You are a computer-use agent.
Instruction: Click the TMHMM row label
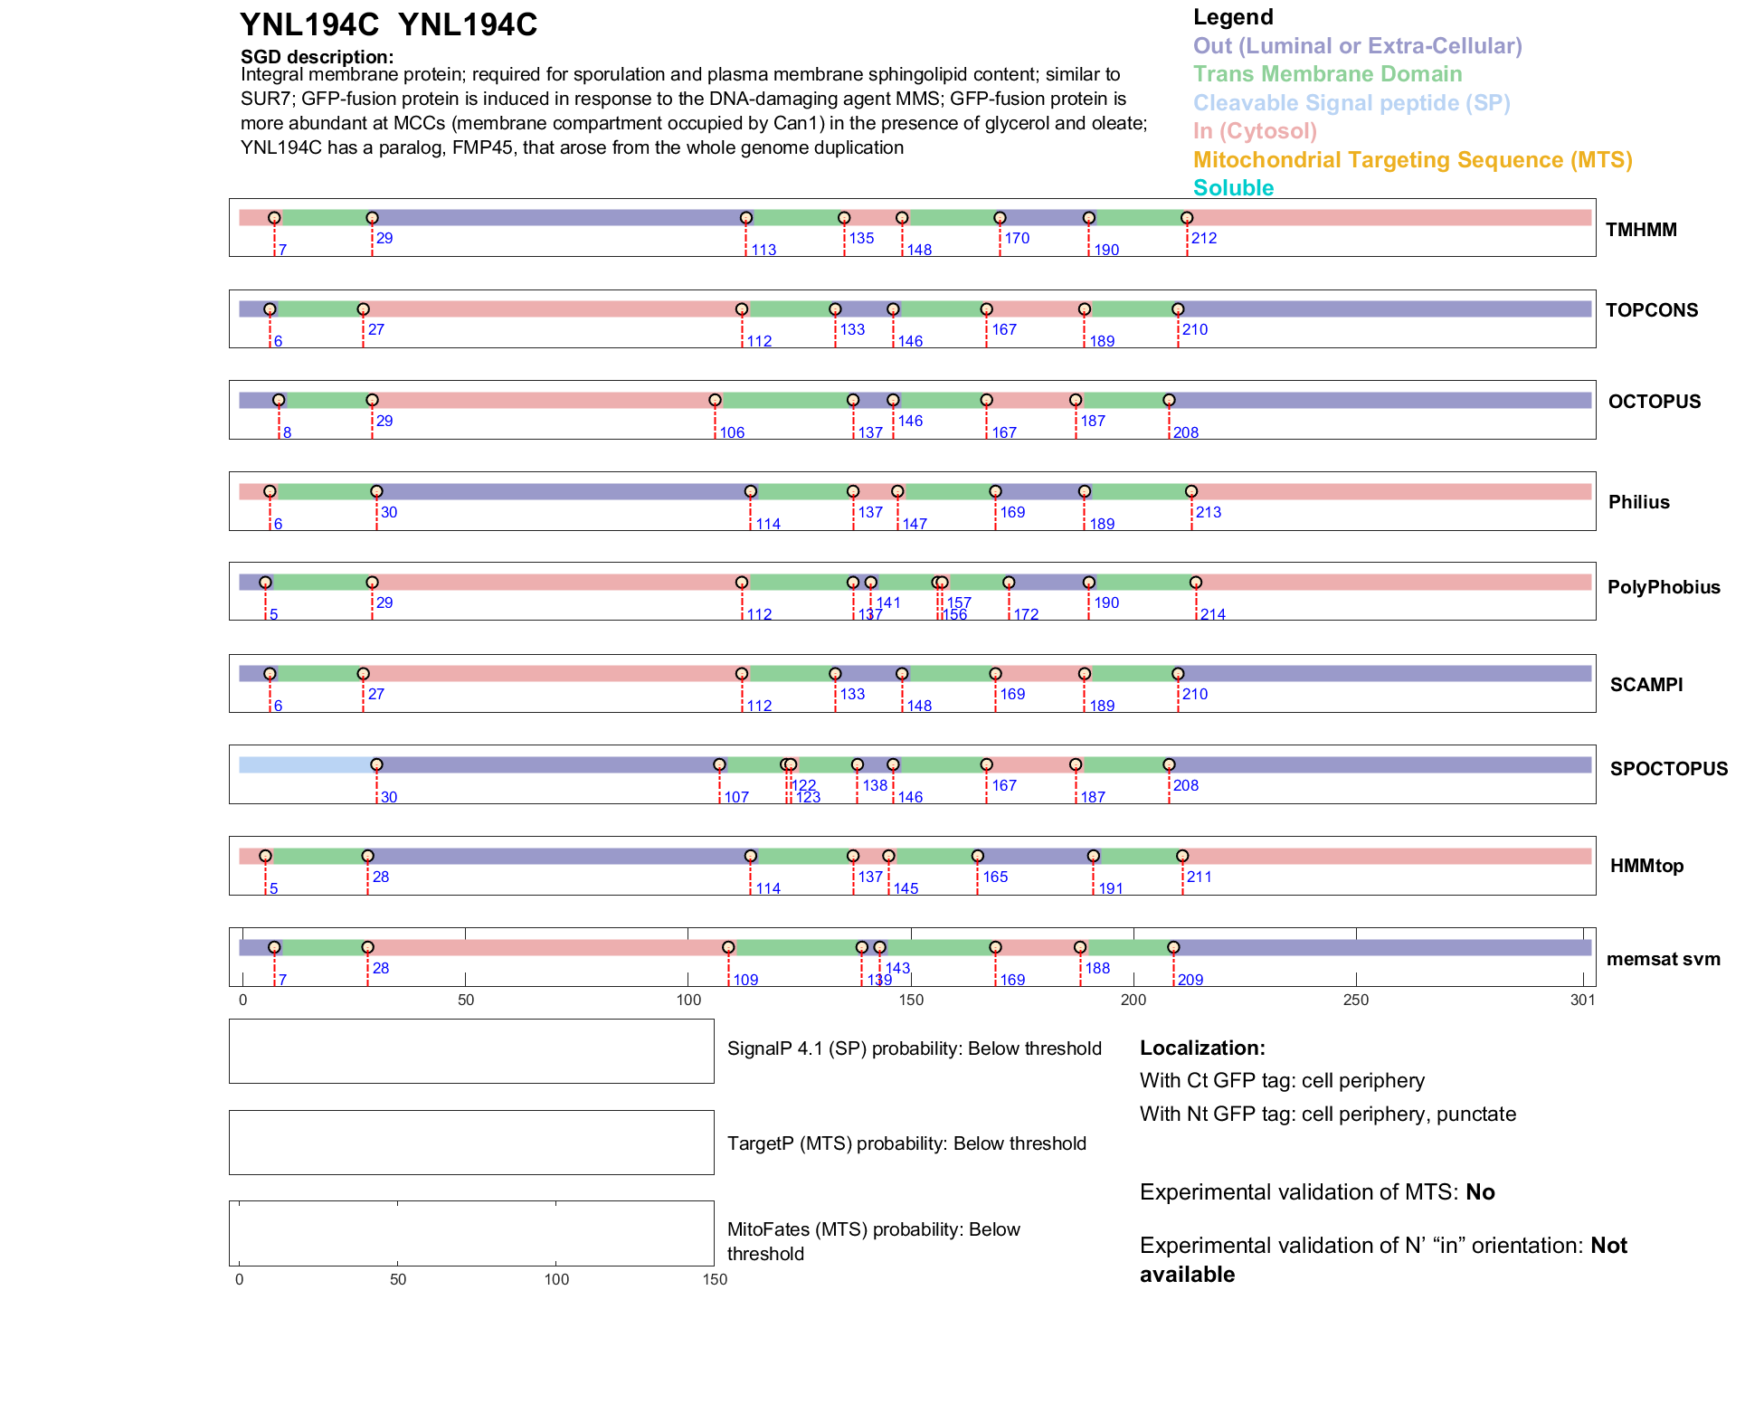(x=1640, y=230)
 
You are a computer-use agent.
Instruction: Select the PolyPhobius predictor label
(x=1663, y=587)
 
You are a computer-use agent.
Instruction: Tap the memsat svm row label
(x=1663, y=959)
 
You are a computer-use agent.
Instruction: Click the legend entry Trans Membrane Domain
(x=1327, y=74)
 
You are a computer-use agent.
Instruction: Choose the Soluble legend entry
(x=1233, y=188)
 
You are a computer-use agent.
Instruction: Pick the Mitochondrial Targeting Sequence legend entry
(x=1412, y=160)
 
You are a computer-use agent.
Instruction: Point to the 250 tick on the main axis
(x=1355, y=1000)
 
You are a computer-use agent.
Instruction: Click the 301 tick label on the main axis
(x=1582, y=1000)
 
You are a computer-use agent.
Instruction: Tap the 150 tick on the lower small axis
(x=715, y=1279)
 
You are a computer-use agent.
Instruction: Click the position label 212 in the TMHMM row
(x=1203, y=239)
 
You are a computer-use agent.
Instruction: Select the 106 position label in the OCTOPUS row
(x=732, y=433)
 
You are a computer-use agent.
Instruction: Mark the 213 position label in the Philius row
(x=1208, y=513)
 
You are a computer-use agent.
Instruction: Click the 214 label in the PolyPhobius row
(x=1212, y=615)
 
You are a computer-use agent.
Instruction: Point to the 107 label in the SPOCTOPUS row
(x=736, y=798)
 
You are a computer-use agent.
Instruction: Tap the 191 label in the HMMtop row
(x=1110, y=889)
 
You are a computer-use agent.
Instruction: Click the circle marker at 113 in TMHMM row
(x=745, y=218)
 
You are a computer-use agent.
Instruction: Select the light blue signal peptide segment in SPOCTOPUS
(x=306, y=765)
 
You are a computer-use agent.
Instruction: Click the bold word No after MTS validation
(x=1480, y=1192)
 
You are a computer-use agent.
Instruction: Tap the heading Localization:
(x=1202, y=1048)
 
